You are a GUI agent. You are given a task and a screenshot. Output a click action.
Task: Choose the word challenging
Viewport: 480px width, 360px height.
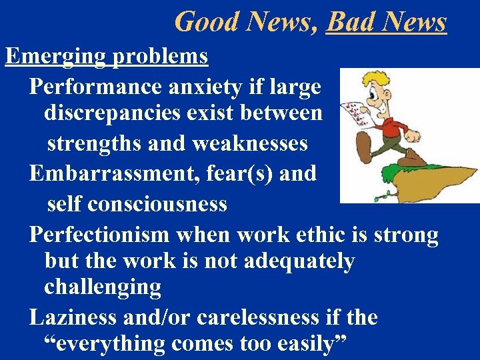click(103, 288)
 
